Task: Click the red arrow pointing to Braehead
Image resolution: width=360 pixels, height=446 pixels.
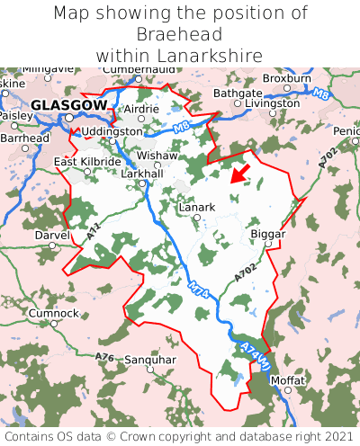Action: pos(239,173)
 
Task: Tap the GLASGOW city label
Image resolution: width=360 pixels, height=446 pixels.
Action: pos(68,105)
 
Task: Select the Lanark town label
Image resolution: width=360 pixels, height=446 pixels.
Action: pos(197,207)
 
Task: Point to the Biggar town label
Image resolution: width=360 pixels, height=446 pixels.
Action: pos(266,234)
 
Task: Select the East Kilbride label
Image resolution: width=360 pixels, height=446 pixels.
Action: pos(87,161)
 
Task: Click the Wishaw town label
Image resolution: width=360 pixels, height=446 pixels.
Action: pos(157,155)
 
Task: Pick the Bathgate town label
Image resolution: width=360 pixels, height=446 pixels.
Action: pos(238,94)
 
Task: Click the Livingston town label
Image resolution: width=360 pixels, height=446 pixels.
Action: pos(272,103)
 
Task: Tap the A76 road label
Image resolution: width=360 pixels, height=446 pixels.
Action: pos(104,357)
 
